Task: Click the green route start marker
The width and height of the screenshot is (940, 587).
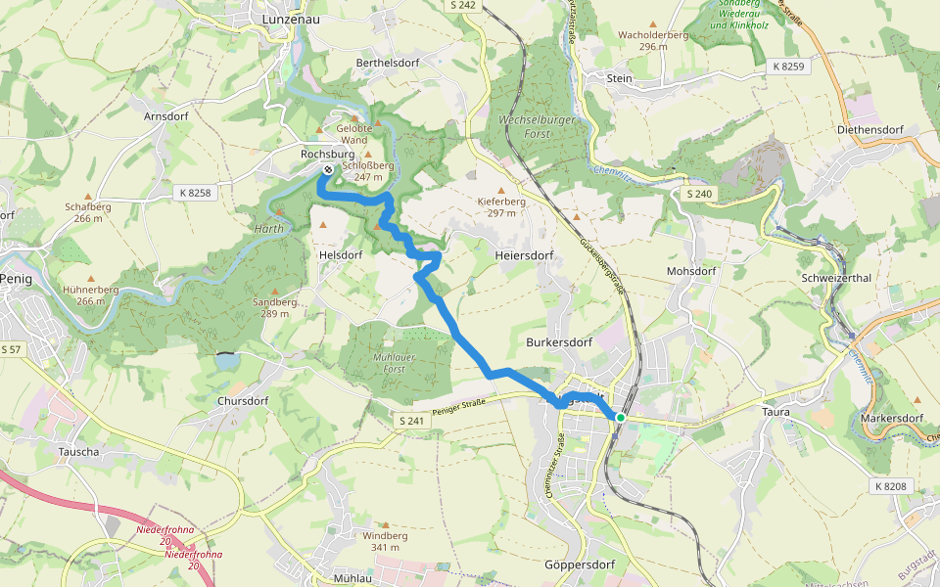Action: (620, 418)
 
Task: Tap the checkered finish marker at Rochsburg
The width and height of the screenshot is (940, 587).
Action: (326, 169)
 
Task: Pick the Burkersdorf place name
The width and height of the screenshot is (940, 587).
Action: (559, 343)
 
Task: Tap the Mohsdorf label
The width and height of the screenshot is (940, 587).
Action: (691, 271)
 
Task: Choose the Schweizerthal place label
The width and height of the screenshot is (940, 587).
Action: (836, 278)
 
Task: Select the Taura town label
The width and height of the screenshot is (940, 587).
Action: (775, 413)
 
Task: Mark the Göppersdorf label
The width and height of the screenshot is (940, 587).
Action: (577, 565)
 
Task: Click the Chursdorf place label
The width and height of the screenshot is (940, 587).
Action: (243, 401)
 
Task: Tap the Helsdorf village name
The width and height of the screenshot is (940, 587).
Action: (341, 254)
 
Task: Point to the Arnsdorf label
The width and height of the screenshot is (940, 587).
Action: (164, 116)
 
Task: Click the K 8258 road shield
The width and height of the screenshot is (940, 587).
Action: (195, 193)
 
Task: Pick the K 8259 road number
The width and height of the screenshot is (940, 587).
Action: (787, 67)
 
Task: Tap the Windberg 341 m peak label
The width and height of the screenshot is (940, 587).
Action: (385, 541)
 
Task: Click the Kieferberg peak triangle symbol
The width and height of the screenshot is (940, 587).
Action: (502, 190)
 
